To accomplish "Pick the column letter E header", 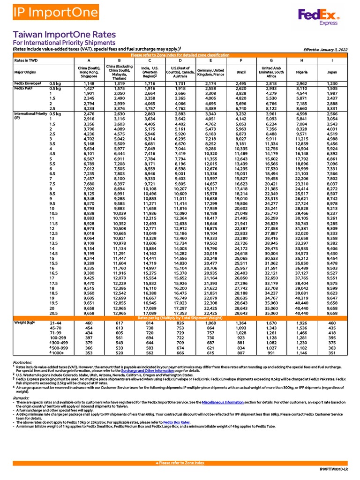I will click(210, 60).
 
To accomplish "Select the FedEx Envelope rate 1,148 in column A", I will click(89, 83).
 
